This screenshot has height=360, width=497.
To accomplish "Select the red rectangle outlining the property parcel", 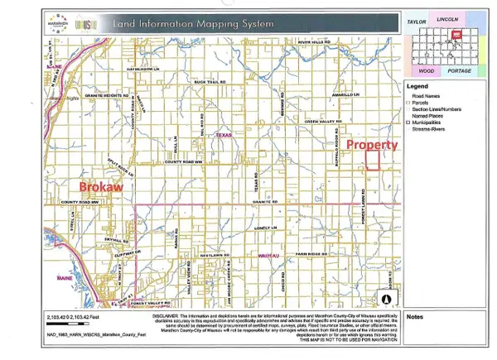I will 374,160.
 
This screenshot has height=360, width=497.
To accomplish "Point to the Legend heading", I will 418,85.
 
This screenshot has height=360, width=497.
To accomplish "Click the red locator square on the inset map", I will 456,36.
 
